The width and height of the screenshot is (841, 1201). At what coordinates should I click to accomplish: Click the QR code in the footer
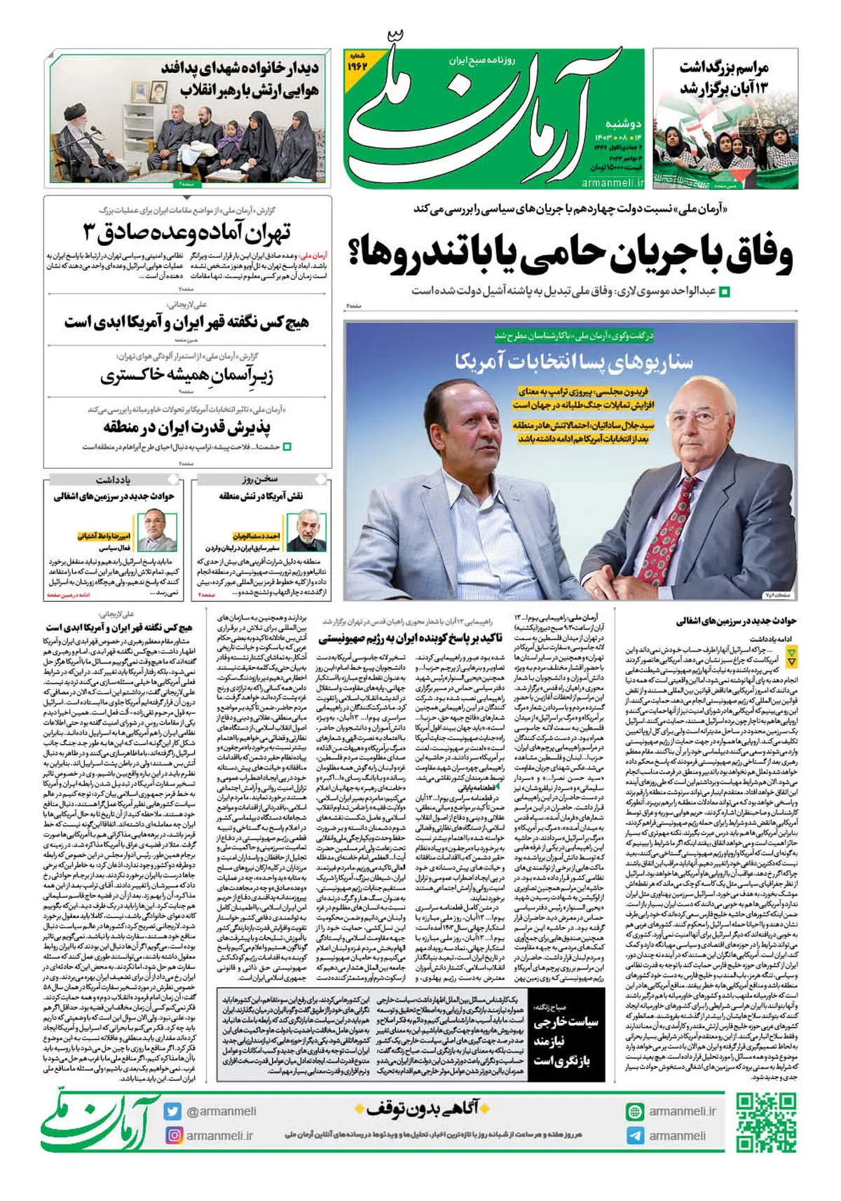click(766, 1123)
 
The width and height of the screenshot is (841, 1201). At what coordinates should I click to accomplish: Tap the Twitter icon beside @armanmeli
click(172, 1111)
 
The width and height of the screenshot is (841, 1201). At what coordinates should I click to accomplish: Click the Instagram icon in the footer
click(173, 1135)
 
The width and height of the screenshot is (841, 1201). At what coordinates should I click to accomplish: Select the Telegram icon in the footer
click(635, 1135)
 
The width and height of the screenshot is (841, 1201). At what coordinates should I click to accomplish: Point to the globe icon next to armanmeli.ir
click(635, 1111)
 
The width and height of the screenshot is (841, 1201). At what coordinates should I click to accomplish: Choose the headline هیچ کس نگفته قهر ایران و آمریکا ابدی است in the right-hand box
click(186, 322)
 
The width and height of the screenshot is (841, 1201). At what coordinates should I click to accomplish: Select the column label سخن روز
click(261, 479)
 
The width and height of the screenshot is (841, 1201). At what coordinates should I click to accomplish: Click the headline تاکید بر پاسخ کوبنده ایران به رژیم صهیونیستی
click(410, 638)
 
